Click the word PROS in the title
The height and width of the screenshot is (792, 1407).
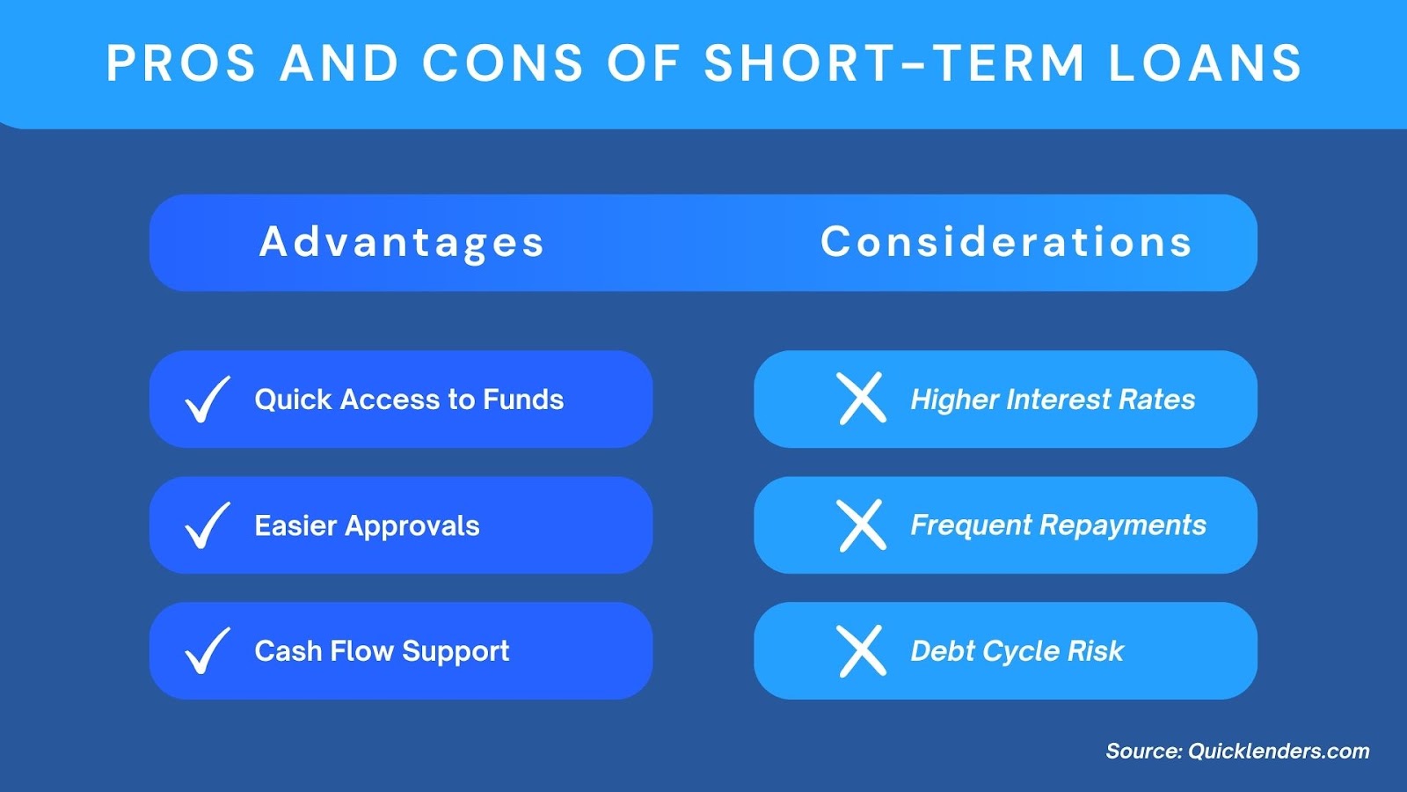coord(181,63)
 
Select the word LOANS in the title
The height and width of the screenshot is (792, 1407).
coord(1206,63)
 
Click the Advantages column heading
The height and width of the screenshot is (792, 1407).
coord(401,243)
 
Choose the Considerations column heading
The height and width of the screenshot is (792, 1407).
coord(1006,241)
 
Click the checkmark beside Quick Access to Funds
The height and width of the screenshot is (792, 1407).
coord(208,400)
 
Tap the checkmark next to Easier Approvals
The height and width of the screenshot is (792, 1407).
coord(208,525)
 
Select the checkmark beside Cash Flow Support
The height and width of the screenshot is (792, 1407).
coord(208,650)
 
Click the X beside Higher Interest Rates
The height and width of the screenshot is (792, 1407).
coord(862,399)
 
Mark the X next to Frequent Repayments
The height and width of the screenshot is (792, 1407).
coord(862,525)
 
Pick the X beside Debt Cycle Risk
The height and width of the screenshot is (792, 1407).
coord(862,650)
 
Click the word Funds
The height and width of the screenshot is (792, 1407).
coord(523,400)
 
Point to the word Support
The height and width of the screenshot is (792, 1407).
coord(456,652)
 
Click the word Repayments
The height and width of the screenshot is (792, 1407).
coord(1123,526)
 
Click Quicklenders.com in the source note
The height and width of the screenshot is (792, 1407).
coord(1279,752)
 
